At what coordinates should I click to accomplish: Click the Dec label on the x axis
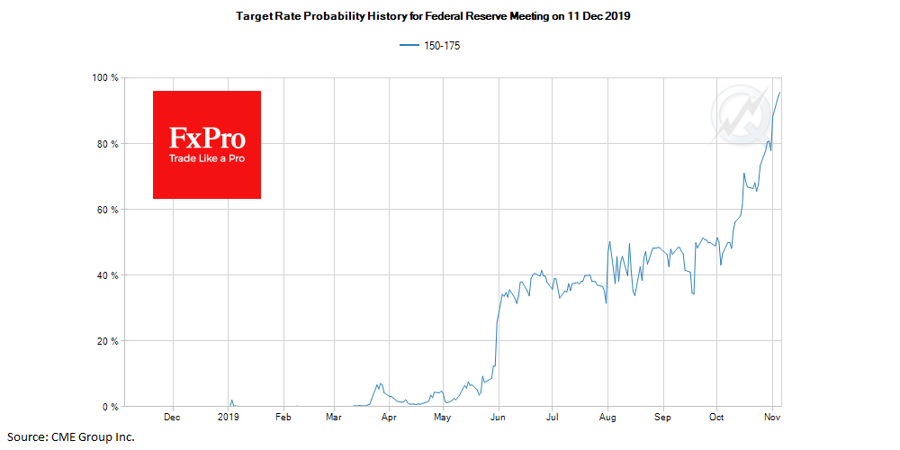coord(172,418)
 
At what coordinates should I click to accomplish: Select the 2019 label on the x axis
coord(229,418)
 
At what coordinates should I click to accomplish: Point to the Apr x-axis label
coord(390,418)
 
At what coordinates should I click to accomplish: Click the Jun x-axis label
coord(498,418)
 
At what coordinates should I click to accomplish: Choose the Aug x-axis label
coord(607,418)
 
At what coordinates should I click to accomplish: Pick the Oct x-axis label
coord(716,418)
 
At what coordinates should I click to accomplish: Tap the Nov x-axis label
coord(772,418)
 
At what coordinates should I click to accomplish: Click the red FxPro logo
coord(207,145)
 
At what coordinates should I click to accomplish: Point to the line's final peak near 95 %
coord(779,93)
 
